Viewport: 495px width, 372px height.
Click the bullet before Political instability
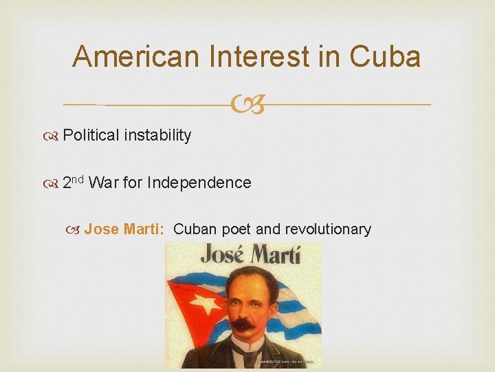(x=54, y=136)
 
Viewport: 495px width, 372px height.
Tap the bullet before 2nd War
(x=54, y=183)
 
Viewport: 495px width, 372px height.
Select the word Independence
(x=199, y=183)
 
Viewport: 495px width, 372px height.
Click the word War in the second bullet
(x=102, y=183)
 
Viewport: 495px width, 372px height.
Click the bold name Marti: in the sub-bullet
(x=144, y=229)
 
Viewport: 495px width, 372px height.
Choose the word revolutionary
(x=328, y=229)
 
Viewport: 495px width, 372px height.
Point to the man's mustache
(x=242, y=322)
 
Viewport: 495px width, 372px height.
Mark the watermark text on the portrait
(x=289, y=361)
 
